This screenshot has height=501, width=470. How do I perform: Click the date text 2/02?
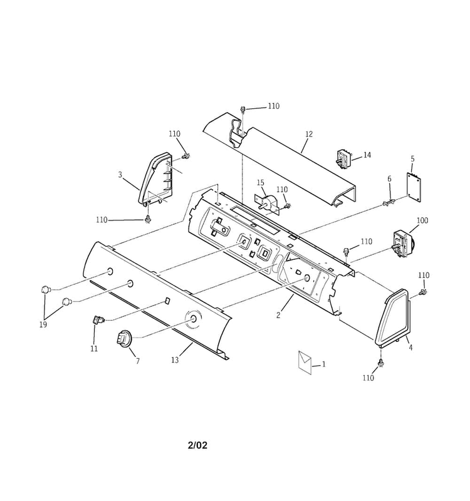[197, 445]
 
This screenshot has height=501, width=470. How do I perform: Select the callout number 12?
[309, 134]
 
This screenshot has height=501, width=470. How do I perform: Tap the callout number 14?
[367, 155]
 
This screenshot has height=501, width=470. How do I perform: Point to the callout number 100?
[422, 220]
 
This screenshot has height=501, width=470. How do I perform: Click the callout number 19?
[43, 324]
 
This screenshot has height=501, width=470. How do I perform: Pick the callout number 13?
[175, 360]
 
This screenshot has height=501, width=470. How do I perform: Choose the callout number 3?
[120, 175]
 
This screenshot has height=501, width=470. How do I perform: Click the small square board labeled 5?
[414, 187]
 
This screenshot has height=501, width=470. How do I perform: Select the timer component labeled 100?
[403, 244]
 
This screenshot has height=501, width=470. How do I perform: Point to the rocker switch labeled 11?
[99, 319]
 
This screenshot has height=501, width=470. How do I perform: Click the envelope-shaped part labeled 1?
[305, 362]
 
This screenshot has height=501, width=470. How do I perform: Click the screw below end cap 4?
[381, 363]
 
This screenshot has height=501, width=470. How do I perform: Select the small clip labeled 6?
[388, 202]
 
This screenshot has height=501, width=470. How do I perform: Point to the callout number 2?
[278, 315]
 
